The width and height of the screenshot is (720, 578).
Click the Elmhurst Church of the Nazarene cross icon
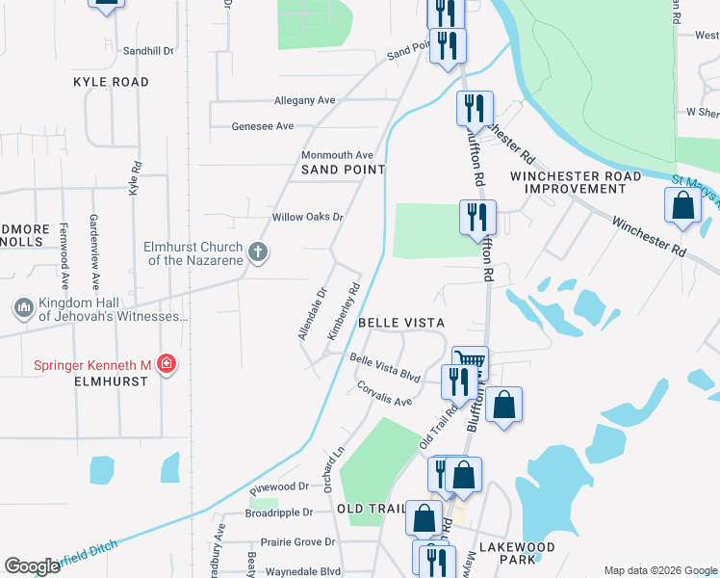[x=257, y=252]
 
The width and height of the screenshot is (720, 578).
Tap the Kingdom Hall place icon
[x=23, y=308]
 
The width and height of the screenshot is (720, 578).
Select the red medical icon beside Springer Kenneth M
[x=167, y=364]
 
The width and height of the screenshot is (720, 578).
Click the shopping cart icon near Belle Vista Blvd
[x=470, y=361]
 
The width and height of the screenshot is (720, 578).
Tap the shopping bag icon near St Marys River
[x=682, y=206]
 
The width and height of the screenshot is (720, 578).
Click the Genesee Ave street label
[x=263, y=126]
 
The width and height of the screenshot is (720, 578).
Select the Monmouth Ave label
[x=337, y=155]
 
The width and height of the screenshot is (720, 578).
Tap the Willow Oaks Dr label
[x=308, y=217]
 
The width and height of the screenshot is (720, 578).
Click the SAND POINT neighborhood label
[x=343, y=170]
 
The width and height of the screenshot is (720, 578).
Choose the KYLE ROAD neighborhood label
[x=111, y=83]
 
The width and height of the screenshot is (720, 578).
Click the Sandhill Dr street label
[x=149, y=50]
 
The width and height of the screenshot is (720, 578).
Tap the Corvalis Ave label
[x=384, y=394]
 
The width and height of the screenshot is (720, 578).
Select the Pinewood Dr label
[x=277, y=487]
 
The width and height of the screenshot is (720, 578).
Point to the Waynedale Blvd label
[x=304, y=571]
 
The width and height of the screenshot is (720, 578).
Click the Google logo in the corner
[x=32, y=566]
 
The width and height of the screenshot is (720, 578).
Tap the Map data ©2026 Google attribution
[x=660, y=570]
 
